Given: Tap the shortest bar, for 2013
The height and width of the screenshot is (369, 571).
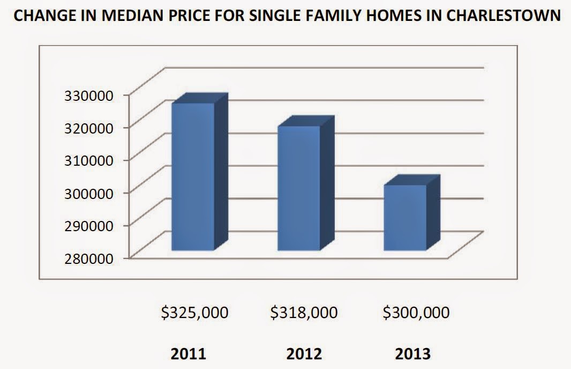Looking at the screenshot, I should click(405, 217).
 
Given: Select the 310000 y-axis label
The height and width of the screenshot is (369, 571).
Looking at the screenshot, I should click(92, 160).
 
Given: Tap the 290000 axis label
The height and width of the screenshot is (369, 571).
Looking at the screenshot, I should click(92, 225).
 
